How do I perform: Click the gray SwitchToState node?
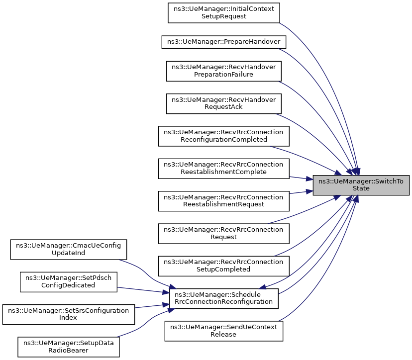(361, 185)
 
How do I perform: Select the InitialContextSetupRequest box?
(224, 12)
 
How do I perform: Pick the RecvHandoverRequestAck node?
(224, 103)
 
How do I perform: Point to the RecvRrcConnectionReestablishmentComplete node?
(224, 169)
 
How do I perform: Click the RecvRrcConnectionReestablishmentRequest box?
(224, 201)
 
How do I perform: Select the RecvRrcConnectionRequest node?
(224, 233)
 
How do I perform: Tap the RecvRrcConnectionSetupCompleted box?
(224, 266)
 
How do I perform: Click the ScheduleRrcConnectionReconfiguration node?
(224, 298)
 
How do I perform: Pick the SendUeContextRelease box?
(224, 331)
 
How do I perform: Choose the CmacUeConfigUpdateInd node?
(69, 249)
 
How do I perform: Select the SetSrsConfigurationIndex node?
(69, 314)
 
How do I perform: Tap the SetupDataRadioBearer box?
(69, 347)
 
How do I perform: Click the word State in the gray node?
(361, 189)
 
